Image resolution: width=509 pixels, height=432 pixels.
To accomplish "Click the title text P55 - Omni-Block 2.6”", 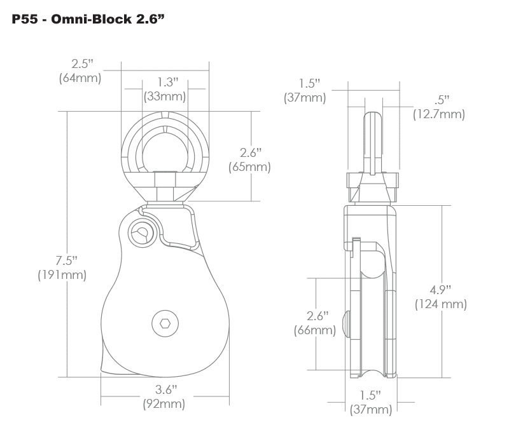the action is (88, 19).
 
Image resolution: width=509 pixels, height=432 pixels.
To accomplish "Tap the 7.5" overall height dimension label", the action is (66, 260).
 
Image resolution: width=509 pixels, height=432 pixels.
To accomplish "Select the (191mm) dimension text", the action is (62, 275).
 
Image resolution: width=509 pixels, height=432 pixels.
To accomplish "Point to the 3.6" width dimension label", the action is (166, 389).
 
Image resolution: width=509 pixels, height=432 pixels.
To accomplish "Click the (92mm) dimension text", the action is (164, 404).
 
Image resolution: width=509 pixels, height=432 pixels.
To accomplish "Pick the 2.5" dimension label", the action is (82, 64).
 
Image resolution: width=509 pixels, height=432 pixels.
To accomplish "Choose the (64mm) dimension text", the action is (80, 78).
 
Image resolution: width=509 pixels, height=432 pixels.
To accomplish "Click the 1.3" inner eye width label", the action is (168, 82).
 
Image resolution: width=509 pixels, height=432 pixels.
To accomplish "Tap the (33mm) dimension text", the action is (165, 97).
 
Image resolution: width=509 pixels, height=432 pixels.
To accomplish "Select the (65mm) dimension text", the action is (249, 167).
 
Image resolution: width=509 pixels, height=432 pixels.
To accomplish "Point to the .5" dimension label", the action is (442, 100).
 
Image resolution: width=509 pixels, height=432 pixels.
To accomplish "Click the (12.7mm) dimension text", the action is (439, 114).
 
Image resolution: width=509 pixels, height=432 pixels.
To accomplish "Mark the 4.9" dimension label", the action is (440, 290).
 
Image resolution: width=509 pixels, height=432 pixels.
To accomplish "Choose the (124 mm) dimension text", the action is (441, 304).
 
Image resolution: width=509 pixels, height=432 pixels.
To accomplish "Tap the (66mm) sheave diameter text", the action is (315, 330).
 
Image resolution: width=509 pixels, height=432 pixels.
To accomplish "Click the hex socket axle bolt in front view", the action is (165, 323).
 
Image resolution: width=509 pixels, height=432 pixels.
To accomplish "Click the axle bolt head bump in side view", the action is (347, 323).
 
